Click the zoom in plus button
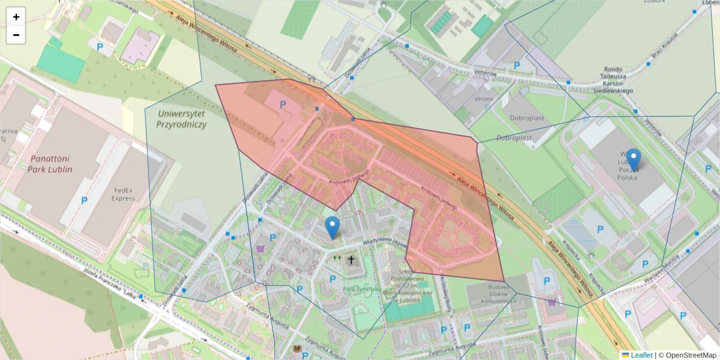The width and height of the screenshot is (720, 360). [x=16, y=17]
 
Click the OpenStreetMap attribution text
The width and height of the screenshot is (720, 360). [x=690, y=355]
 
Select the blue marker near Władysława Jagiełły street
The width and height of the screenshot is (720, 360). [x=332, y=227]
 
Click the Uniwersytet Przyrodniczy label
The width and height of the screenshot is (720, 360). [x=181, y=119]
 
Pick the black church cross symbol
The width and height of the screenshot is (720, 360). [x=351, y=260]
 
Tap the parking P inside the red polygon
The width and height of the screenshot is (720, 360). [x=283, y=104]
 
